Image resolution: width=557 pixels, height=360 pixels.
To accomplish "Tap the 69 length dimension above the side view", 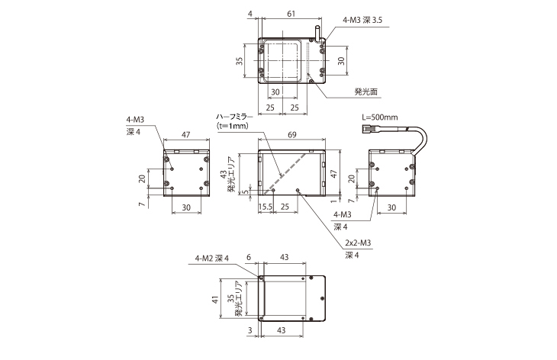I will pyautogui.click(x=294, y=134).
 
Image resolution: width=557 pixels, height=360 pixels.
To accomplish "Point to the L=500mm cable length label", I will pyautogui.click(x=379, y=117).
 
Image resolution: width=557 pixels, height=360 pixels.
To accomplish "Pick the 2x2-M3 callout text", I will pyautogui.click(x=359, y=243).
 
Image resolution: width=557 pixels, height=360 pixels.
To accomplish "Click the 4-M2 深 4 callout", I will pyautogui.click(x=217, y=257).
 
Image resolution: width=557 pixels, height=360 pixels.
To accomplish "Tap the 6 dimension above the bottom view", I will pyautogui.click(x=249, y=258).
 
